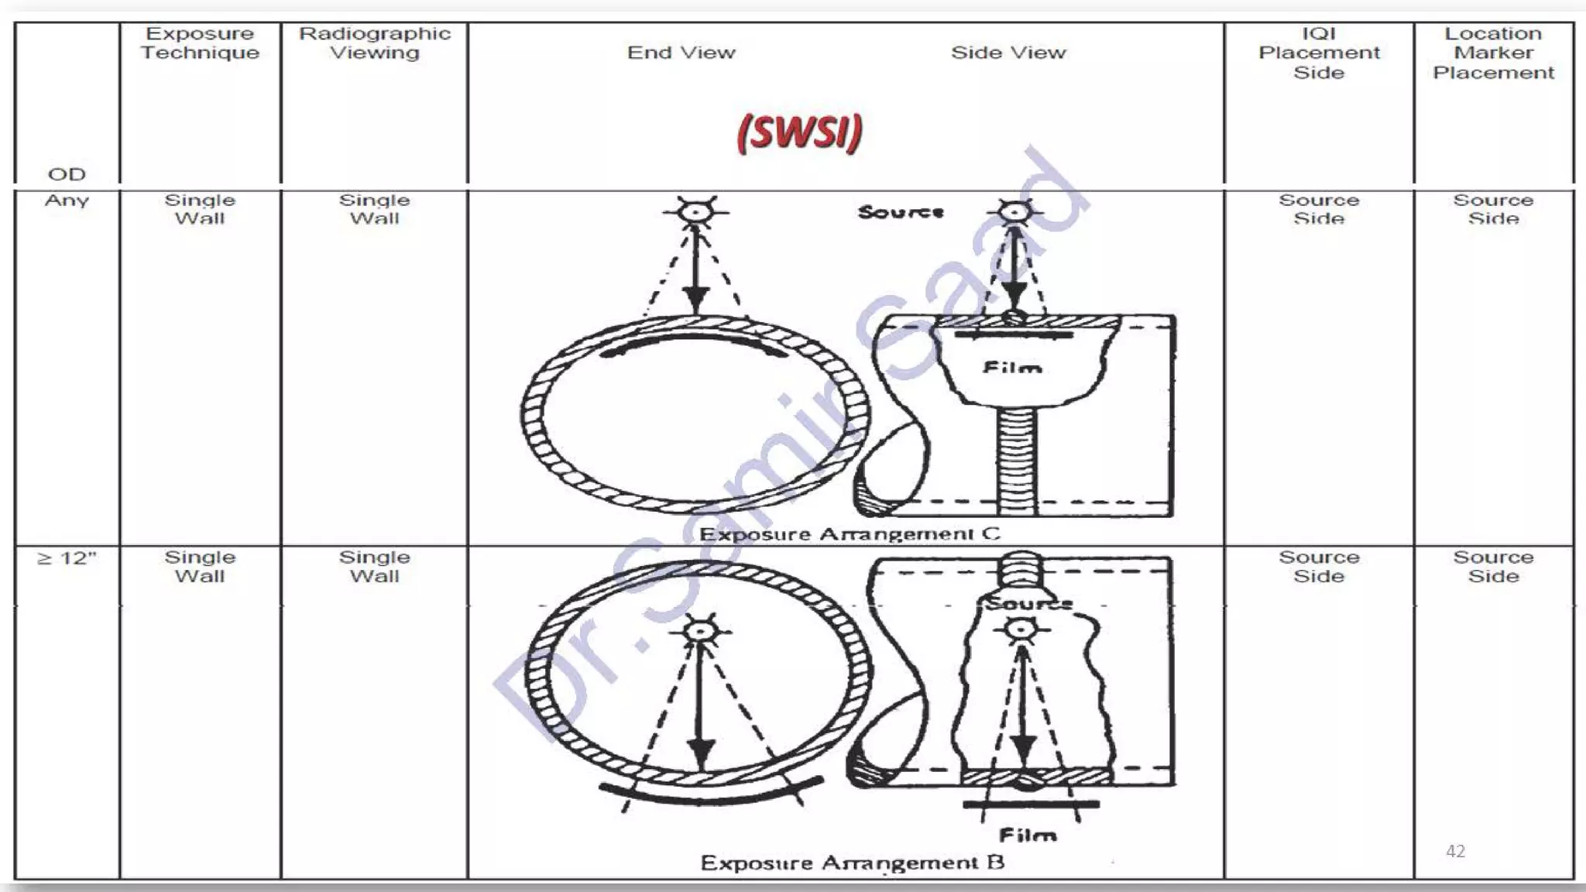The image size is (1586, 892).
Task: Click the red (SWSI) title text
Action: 799,132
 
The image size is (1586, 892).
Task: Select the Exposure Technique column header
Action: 200,43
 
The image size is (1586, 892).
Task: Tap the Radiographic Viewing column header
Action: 375,43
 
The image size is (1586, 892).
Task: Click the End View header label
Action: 681,53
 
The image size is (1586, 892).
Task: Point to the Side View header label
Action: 1008,53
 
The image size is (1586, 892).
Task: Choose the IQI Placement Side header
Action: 1319,53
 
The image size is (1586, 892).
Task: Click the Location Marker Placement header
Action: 1493,53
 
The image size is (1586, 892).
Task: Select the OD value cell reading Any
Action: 67,201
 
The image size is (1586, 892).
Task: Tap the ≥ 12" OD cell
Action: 67,558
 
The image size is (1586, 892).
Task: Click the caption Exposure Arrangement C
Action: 850,534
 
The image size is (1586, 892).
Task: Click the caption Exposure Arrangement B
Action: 852,863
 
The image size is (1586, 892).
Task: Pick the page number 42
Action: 1455,851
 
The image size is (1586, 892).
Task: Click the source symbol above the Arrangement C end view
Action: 695,211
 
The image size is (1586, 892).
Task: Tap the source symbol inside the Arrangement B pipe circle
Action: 700,631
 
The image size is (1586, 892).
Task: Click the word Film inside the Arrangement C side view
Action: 1011,368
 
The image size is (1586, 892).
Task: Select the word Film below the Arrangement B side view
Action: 1027,835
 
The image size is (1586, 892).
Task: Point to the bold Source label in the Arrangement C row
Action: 901,211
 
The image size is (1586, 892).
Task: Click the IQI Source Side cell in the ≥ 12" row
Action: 1319,567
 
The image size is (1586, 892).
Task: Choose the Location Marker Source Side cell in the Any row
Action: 1493,209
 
